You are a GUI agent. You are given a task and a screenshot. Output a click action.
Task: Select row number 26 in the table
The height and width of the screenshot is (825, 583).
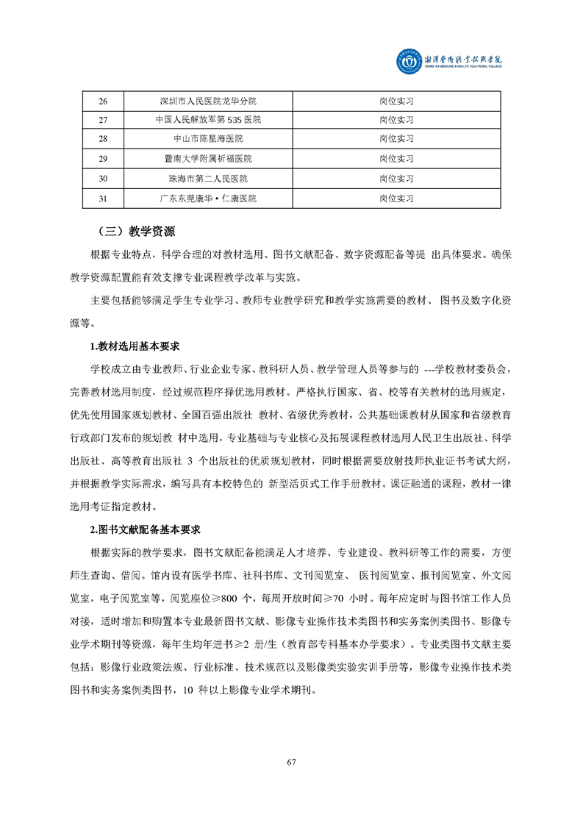click(x=103, y=100)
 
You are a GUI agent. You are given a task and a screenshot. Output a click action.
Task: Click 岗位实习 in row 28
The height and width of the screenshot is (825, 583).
click(x=396, y=139)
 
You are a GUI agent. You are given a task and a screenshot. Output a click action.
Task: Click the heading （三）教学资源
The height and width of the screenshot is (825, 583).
click(x=136, y=231)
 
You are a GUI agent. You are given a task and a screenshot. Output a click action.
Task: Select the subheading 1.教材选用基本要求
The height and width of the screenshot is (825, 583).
click(x=135, y=346)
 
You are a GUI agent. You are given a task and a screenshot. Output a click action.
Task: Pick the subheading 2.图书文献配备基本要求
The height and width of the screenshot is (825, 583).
click(x=146, y=529)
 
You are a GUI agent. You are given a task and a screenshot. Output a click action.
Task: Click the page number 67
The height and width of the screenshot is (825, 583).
click(x=291, y=761)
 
